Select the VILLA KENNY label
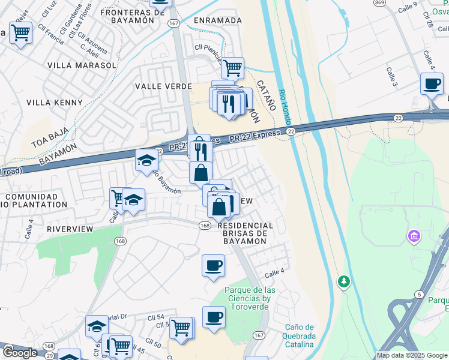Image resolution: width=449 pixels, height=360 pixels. (x=55, y=103)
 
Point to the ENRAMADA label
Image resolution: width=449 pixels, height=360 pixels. (x=218, y=20)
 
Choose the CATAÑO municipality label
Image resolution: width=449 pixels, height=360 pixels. (x=266, y=95)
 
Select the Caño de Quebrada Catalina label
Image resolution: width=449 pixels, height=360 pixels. (x=299, y=335)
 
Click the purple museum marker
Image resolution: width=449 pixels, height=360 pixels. (x=414, y=236)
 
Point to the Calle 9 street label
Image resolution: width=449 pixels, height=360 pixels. (x=424, y=7)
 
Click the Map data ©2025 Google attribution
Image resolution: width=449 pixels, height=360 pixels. (x=412, y=355)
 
